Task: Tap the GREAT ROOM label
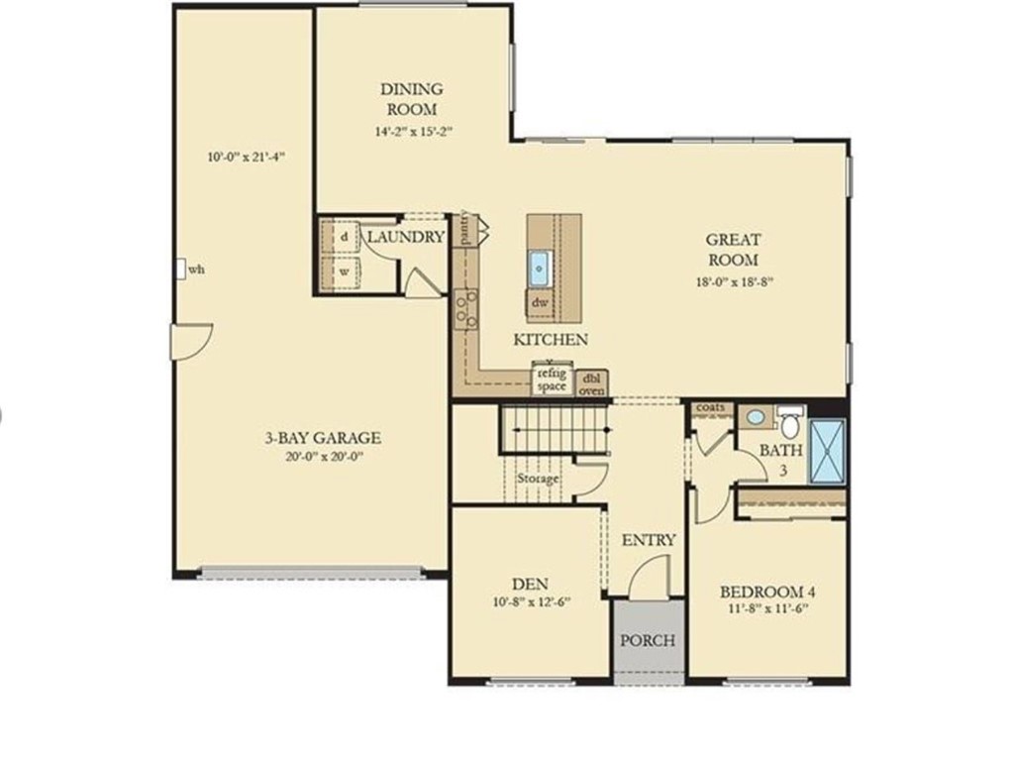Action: tap(733, 250)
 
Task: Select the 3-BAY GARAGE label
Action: tap(322, 438)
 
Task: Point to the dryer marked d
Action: tap(344, 238)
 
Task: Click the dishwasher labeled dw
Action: tap(540, 302)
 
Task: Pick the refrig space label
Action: tap(552, 379)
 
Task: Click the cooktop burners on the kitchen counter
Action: tap(465, 308)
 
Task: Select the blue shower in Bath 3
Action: tap(828, 452)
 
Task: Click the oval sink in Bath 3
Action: tap(757, 417)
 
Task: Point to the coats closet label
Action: tap(711, 407)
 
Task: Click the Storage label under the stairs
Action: tap(538, 479)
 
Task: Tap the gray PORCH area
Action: tap(648, 640)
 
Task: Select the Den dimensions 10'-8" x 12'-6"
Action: tap(530, 601)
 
